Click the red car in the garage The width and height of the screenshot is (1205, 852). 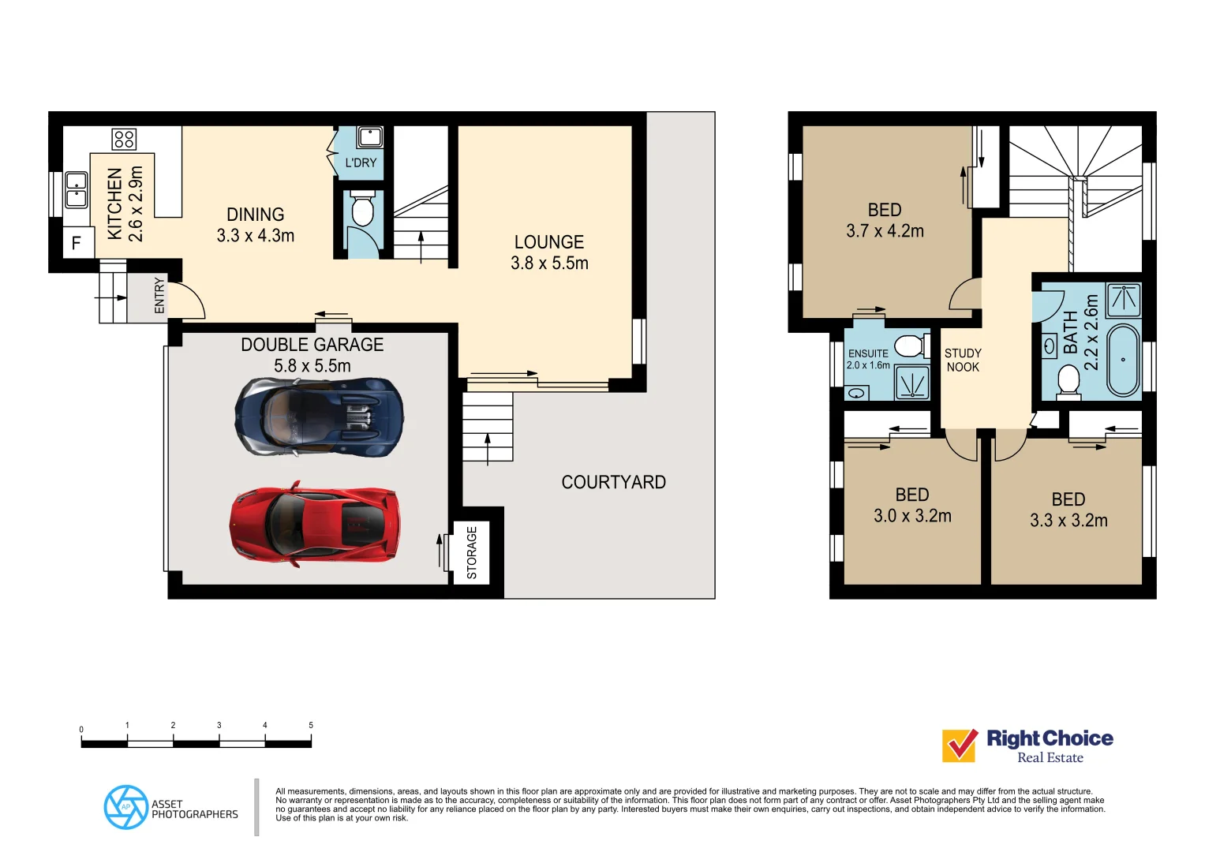(314, 522)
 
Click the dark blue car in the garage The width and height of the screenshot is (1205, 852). (320, 416)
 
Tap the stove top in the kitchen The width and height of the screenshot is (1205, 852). (124, 139)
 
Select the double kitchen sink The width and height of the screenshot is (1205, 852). (77, 189)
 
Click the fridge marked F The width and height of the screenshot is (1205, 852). (77, 243)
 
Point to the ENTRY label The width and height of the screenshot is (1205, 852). (159, 296)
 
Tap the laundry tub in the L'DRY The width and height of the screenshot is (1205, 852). (369, 137)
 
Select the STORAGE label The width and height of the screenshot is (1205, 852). (472, 553)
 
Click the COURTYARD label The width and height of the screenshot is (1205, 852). (613, 482)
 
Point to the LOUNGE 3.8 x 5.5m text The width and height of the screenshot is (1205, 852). (549, 252)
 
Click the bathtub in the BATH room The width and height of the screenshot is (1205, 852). (1123, 360)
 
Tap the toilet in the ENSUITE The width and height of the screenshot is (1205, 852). (910, 346)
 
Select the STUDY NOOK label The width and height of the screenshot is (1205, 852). (963, 360)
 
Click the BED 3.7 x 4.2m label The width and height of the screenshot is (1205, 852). (885, 220)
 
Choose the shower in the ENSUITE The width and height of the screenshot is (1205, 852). (911, 383)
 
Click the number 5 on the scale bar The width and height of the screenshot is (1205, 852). (311, 725)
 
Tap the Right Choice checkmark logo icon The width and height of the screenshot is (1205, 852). (960, 745)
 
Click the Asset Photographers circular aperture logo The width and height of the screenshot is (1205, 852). (125, 807)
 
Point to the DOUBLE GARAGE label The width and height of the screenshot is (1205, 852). (312, 345)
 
